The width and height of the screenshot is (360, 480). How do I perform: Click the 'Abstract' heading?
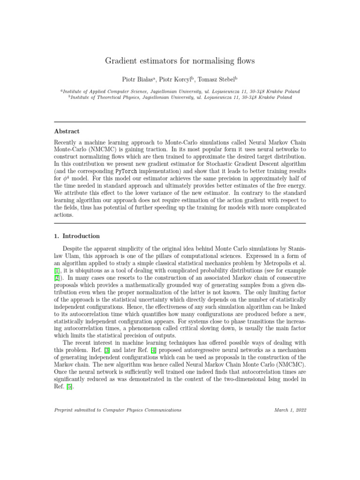click(66, 131)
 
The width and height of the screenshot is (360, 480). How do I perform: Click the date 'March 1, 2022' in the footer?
click(290, 410)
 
